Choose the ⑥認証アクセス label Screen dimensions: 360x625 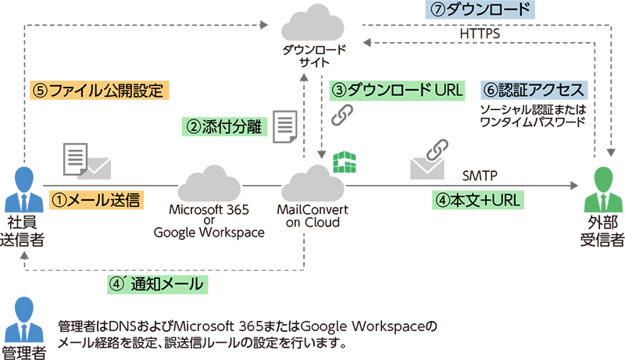tap(534, 90)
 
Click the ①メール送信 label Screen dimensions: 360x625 tap(95, 200)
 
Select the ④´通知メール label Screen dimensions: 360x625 tap(162, 283)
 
